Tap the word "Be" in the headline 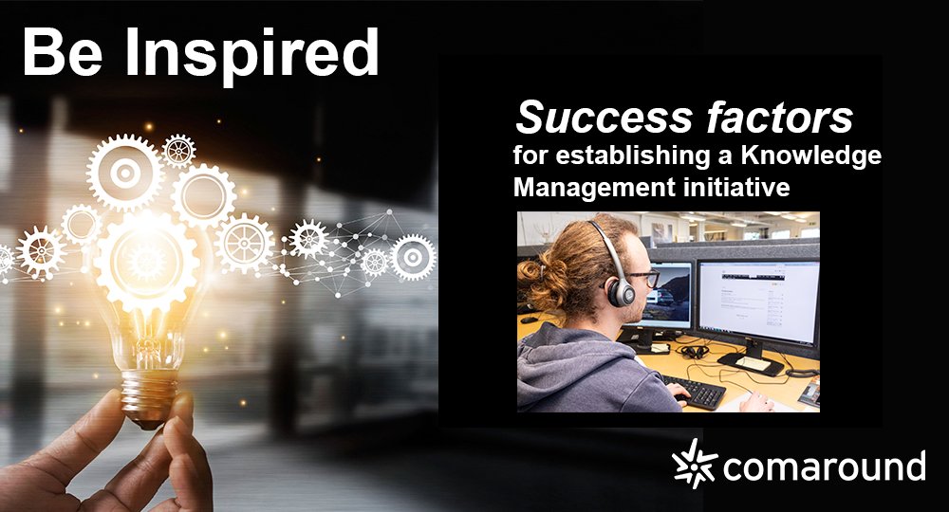pyautogui.click(x=65, y=53)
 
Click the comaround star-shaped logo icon pyautogui.click(x=694, y=466)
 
